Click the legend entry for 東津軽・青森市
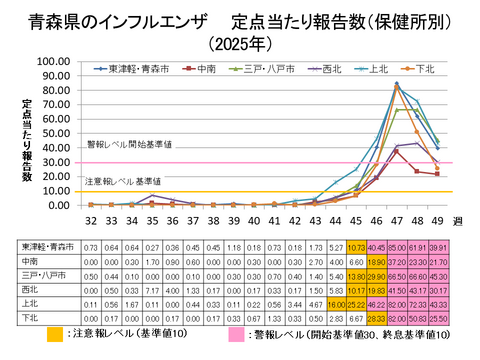click(140, 69)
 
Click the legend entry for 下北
click(424, 69)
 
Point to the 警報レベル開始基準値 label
click(131, 144)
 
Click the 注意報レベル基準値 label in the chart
click(123, 181)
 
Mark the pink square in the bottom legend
click(235, 334)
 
